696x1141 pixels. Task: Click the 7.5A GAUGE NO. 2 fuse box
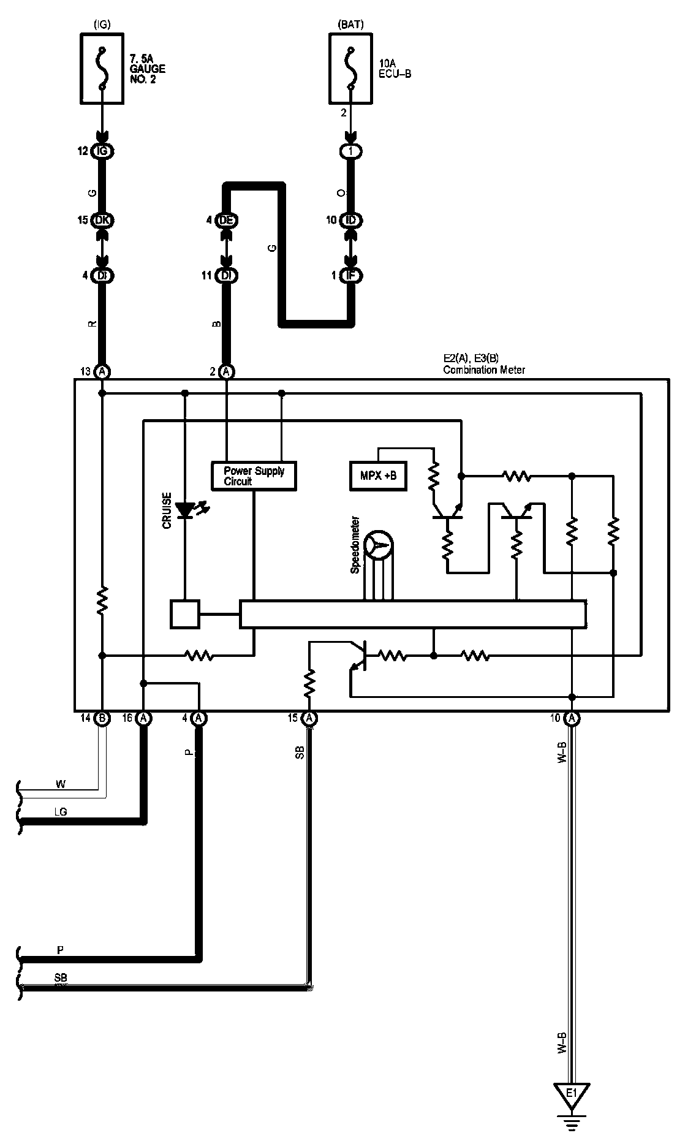tap(102, 68)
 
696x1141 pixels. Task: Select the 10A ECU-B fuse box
tap(351, 68)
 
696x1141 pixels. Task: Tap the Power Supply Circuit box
tap(254, 476)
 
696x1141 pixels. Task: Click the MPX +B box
tap(379, 476)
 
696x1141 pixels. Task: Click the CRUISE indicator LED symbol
tap(185, 509)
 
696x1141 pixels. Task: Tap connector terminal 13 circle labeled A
tap(103, 371)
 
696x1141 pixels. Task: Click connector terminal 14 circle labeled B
tap(102, 718)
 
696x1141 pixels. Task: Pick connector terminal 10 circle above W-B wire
tap(571, 718)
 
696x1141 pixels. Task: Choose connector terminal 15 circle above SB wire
tap(309, 718)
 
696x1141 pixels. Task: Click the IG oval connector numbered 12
tap(103, 151)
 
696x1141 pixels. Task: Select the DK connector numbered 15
tap(103, 220)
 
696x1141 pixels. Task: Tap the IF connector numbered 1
tap(351, 276)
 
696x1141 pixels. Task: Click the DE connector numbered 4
tap(227, 220)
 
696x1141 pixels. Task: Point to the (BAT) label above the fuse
tap(350, 25)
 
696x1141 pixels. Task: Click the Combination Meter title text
tap(483, 370)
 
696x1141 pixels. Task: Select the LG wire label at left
tap(60, 812)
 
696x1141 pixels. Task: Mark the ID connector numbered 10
tap(351, 220)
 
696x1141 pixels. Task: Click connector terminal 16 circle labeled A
tap(143, 718)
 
